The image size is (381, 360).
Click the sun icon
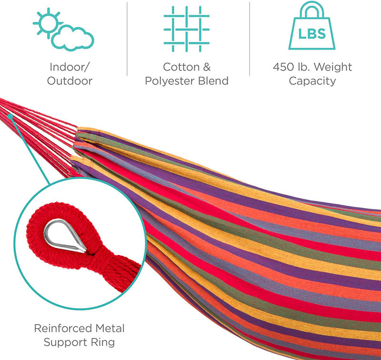[48, 23]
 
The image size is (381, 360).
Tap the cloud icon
[72, 39]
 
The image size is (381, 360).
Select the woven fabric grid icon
[187, 29]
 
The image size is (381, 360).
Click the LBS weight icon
[312, 26]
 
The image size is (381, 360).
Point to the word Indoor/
[70, 67]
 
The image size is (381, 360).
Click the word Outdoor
[70, 81]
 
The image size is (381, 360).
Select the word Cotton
[181, 67]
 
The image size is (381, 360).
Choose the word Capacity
[312, 81]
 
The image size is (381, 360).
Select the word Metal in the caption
[110, 329]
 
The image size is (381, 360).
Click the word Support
[65, 343]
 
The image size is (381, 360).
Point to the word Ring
[103, 343]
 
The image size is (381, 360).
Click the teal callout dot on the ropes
[10, 117]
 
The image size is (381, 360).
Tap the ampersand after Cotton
[207, 67]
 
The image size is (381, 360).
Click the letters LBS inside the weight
[312, 33]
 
